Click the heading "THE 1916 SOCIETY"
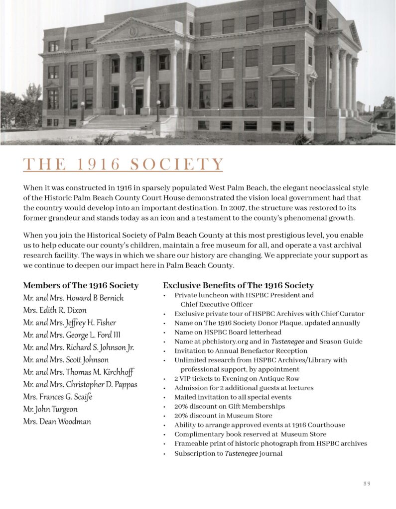tap(123, 165)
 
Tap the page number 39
tap(367, 484)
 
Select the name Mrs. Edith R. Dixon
tap(55, 310)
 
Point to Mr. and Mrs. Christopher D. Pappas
tap(80, 384)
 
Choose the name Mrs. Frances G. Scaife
tap(57, 397)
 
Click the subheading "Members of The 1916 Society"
tap(81, 285)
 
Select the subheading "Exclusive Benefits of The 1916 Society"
tap(238, 285)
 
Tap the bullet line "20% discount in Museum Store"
tap(223, 416)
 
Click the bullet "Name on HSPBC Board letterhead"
tap(228, 332)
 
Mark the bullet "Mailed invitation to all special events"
tap(233, 397)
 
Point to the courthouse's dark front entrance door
tap(139, 101)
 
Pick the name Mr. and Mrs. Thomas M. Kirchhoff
tap(78, 372)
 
